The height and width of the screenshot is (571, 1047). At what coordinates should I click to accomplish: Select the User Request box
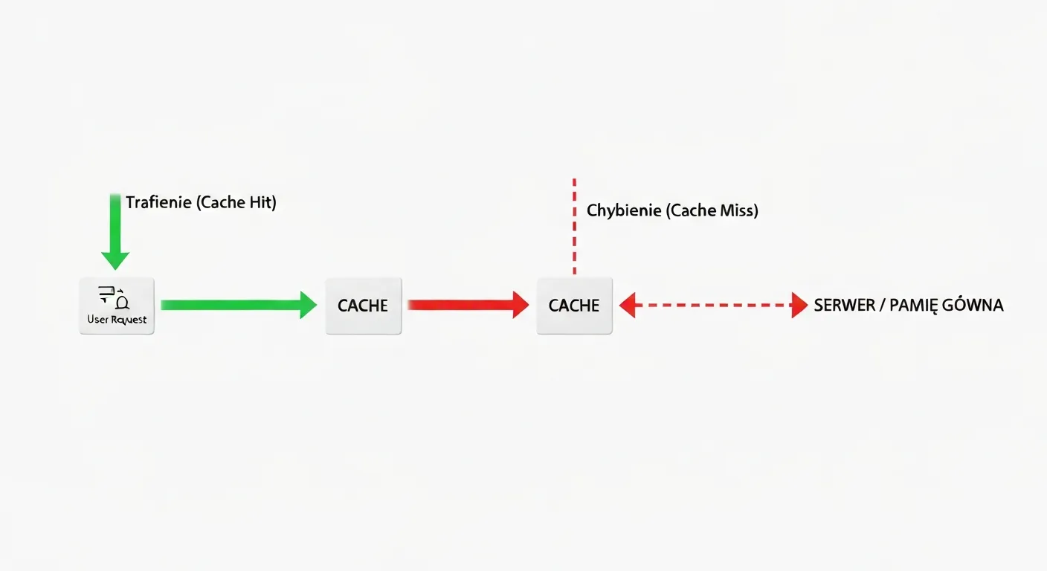tap(117, 306)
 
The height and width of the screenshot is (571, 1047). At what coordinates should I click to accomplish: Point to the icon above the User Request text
tap(116, 297)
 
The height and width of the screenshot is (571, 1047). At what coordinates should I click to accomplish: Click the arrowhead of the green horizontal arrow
tap(308, 305)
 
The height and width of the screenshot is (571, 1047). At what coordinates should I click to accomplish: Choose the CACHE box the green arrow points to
tap(363, 306)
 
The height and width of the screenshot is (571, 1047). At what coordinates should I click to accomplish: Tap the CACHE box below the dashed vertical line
tap(574, 306)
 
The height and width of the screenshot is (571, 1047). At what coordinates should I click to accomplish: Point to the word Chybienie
tap(624, 211)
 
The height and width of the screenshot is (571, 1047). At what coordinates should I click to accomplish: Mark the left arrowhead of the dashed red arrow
tap(628, 305)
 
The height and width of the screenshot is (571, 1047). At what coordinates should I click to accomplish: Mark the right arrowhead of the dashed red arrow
tap(799, 305)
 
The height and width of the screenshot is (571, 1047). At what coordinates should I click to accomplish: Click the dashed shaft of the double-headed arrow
tap(714, 305)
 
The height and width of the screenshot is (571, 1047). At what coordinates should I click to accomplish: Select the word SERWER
tap(843, 306)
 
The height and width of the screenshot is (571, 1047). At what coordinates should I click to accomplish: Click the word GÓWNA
tap(975, 306)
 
